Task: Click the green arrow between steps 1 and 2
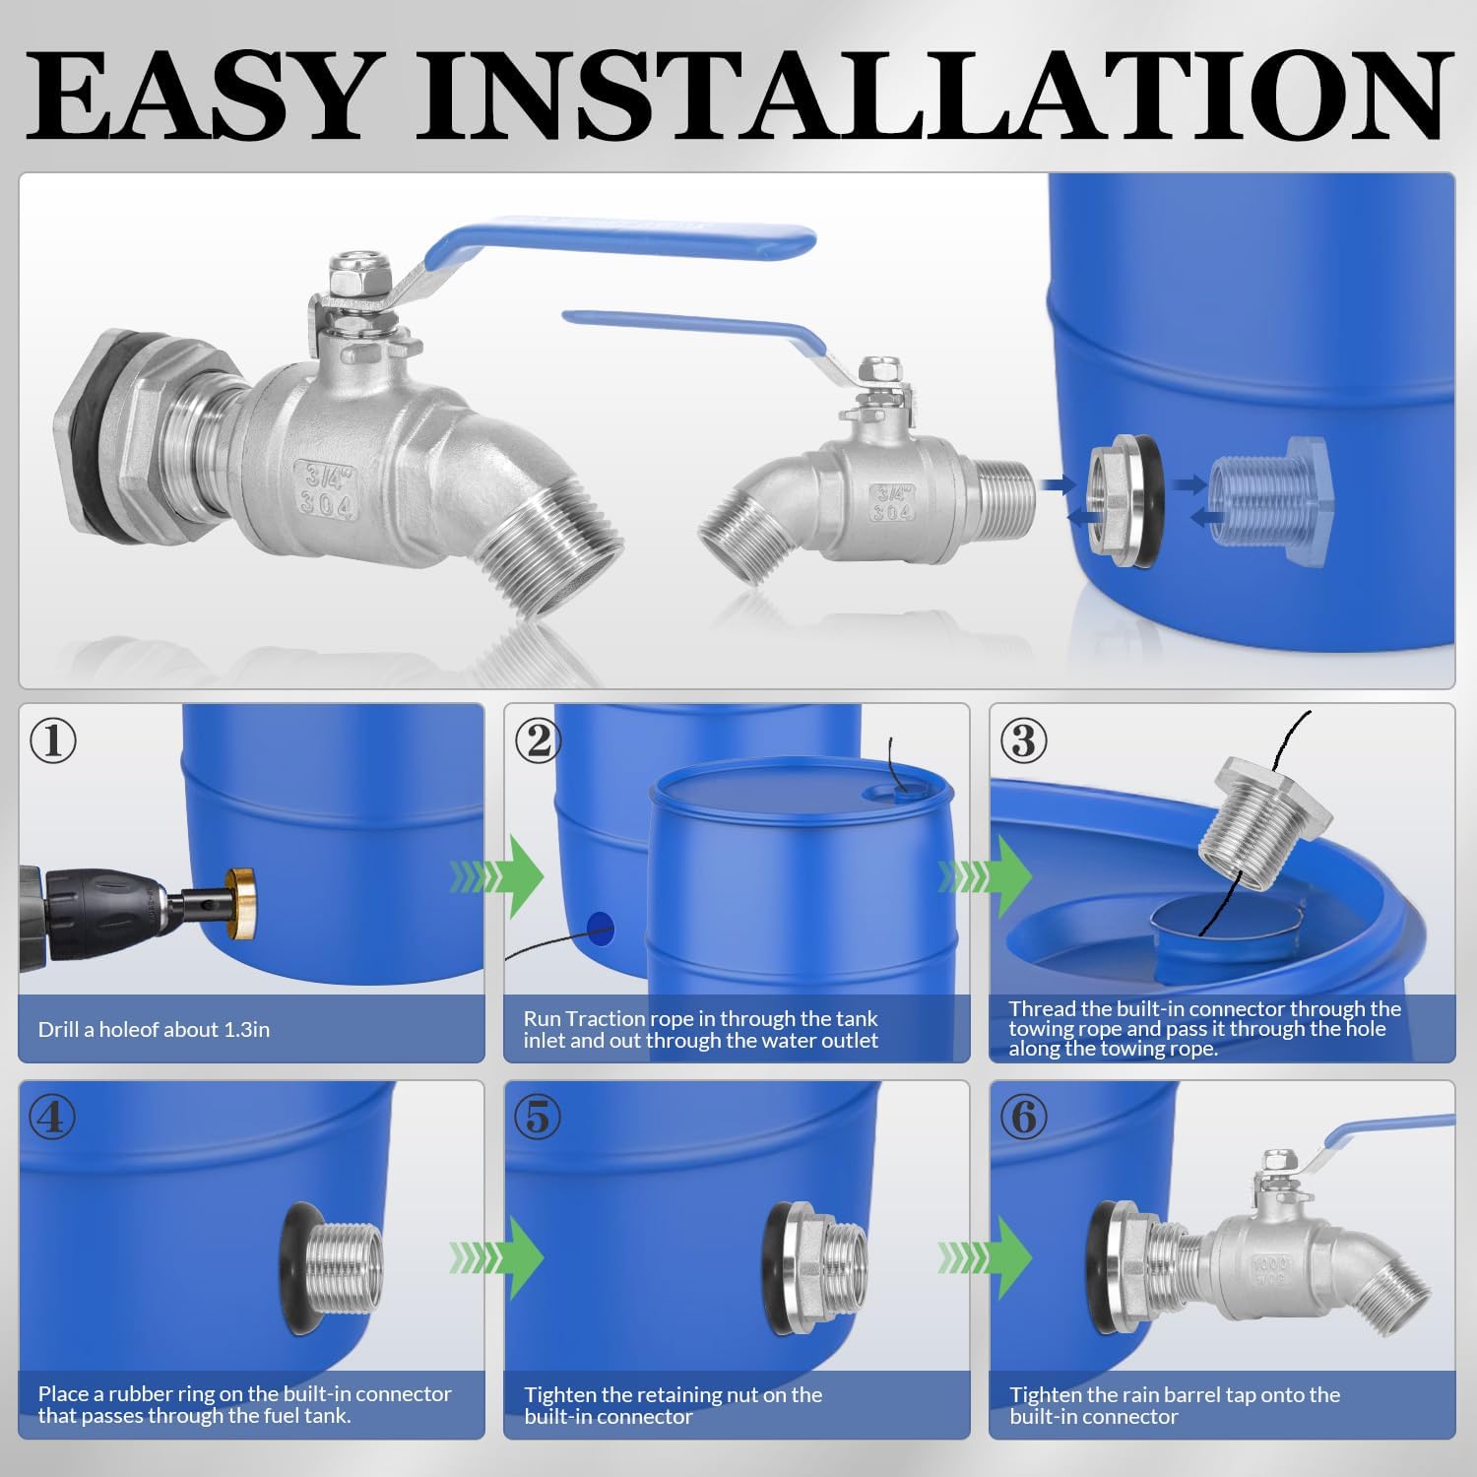click(x=497, y=873)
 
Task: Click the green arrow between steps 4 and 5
click(x=497, y=1255)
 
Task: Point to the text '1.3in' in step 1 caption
click(x=245, y=1030)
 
